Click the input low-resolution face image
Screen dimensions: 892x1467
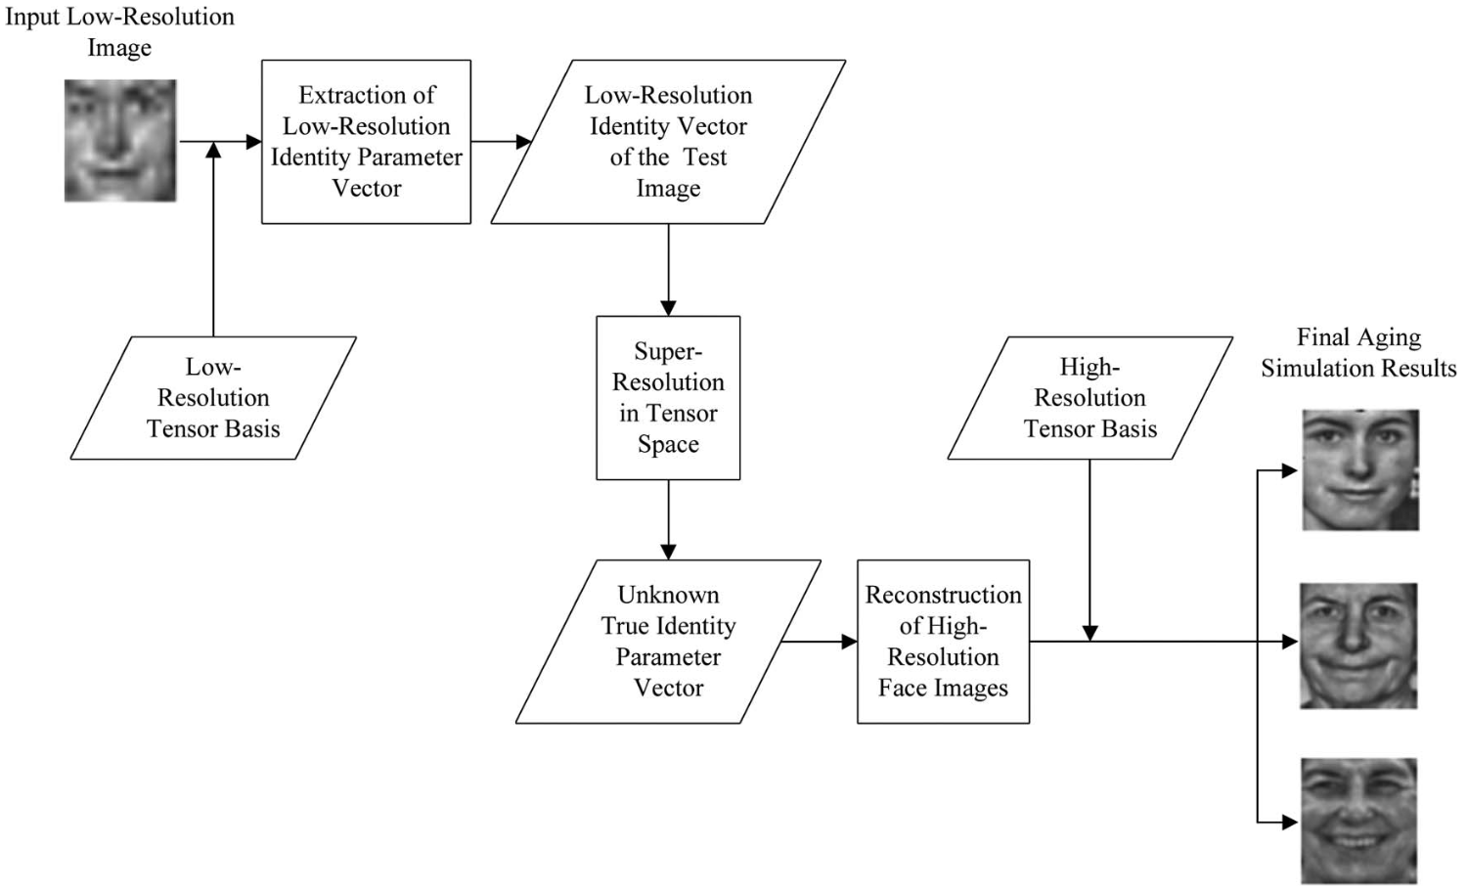120,141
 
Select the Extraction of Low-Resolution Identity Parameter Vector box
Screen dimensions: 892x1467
366,142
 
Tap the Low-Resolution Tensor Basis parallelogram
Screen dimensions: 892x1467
213,398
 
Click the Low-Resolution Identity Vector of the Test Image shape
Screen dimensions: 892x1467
668,142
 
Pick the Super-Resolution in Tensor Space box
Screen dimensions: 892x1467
668,397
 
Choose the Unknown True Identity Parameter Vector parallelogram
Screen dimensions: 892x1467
668,642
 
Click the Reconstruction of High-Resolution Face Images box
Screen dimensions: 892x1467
943,642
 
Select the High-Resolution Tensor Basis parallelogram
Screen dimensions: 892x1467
1089,398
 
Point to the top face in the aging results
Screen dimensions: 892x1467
1360,470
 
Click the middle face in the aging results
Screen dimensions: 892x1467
1358,646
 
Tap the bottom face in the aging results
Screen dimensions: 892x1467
1359,821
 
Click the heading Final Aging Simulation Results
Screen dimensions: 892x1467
1358,353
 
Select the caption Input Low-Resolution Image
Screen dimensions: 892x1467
119,32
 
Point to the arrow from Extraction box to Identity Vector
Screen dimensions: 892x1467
500,142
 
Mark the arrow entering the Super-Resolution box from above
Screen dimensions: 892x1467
668,270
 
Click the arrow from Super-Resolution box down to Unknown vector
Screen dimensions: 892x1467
668,519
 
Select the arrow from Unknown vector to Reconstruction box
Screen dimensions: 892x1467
819,642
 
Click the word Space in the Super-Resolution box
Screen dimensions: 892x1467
668,445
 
